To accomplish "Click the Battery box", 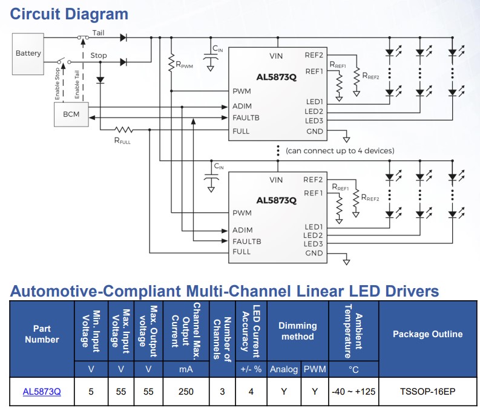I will (x=28, y=53).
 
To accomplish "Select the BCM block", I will (x=71, y=114).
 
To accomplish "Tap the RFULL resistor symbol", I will (x=125, y=130).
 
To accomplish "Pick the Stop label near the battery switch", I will (x=99, y=56).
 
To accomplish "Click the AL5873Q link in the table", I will (x=42, y=392).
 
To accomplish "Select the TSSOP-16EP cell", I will (x=427, y=392).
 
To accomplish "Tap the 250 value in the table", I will (x=186, y=392).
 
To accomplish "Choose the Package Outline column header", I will (x=427, y=334).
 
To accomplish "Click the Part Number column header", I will (x=42, y=334).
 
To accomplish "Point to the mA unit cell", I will (x=186, y=369).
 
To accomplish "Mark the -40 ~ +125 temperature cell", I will (x=353, y=392).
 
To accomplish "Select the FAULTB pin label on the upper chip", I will (x=246, y=117).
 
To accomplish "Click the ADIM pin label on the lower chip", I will (x=243, y=230).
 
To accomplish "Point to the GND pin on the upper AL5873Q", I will (x=314, y=131).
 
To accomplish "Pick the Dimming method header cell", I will (x=298, y=331).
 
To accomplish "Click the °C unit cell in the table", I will (x=353, y=369).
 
